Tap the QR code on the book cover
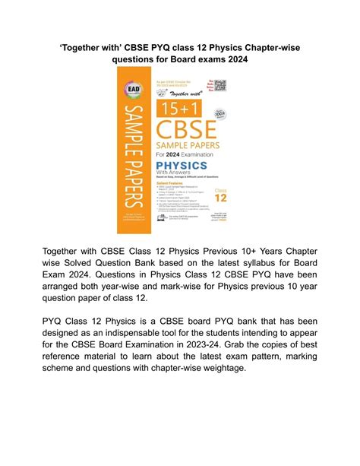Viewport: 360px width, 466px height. [221, 85]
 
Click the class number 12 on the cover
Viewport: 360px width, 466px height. [220, 195]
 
